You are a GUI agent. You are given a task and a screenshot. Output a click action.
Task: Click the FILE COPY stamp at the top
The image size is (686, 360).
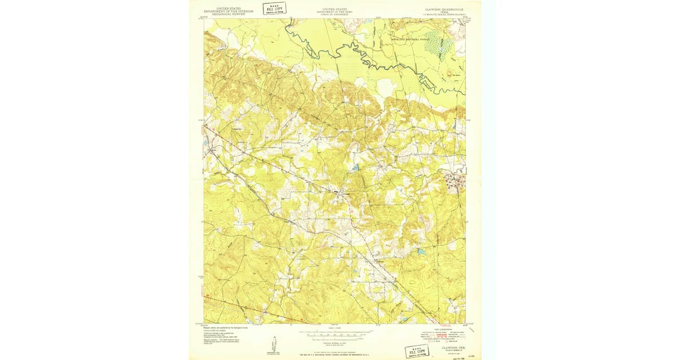274,9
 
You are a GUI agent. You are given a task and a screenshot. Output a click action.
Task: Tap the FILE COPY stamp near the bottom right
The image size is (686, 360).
416,351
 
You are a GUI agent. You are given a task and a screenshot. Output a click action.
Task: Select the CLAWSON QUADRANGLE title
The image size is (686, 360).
445,10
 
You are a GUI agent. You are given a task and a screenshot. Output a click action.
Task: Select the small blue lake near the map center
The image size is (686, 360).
356,168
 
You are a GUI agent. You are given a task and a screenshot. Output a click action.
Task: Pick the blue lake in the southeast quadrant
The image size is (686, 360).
422,251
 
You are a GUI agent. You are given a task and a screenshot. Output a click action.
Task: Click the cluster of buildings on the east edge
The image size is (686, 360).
455,181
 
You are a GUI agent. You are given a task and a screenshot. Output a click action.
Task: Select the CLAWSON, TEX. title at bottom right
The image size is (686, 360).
453,347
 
